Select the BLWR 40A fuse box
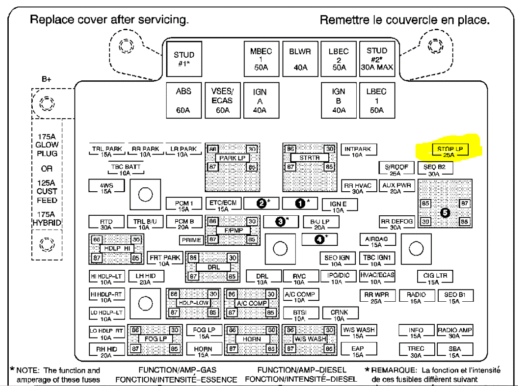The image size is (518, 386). [300, 59]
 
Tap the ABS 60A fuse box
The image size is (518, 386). [183, 100]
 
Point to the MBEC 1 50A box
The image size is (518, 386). [261, 59]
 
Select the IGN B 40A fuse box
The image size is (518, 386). [338, 100]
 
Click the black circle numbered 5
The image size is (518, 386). [445, 212]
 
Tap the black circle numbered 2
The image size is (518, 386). [261, 203]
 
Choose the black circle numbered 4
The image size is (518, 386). [320, 239]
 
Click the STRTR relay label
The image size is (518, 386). [309, 158]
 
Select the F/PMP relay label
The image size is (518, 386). [233, 230]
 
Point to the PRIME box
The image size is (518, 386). [191, 240]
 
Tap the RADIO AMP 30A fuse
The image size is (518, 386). [455, 333]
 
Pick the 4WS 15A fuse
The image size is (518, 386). [106, 188]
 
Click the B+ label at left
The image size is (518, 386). [46, 79]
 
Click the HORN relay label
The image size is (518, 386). [252, 339]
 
